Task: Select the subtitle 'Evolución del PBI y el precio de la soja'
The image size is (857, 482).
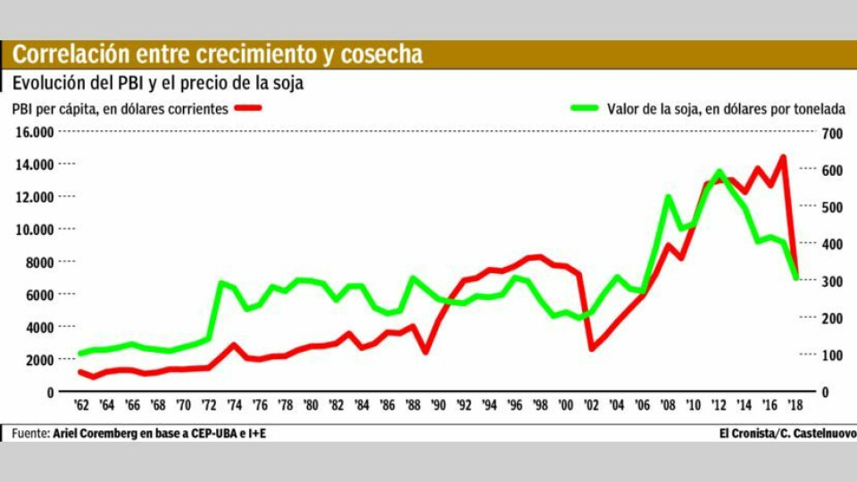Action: (158, 84)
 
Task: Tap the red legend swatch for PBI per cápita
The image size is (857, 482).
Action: (249, 109)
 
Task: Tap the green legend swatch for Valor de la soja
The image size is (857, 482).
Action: (584, 109)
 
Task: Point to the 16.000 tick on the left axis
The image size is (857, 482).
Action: (33, 132)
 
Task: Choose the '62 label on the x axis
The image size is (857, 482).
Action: (81, 405)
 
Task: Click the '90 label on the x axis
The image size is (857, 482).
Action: (437, 405)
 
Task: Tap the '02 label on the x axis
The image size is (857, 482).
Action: (591, 405)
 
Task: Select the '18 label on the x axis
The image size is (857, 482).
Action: (795, 405)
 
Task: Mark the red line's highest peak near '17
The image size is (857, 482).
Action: (783, 157)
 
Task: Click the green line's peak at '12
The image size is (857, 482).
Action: (719, 170)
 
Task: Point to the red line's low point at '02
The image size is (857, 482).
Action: (591, 348)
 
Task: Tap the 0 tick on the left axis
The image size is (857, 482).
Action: (49, 392)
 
